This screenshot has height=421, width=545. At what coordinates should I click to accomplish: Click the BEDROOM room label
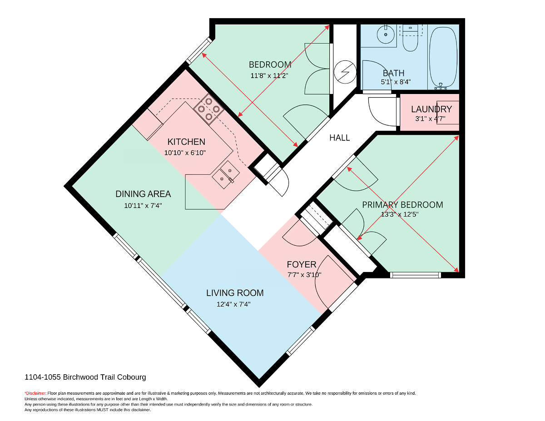[270, 64]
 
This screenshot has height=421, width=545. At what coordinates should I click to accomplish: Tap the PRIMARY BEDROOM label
[402, 205]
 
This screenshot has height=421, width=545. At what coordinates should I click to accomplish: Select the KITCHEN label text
[186, 142]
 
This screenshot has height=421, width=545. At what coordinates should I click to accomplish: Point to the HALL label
[339, 138]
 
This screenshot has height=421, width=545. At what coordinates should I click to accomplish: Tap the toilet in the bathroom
[410, 38]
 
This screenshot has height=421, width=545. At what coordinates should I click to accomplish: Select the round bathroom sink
[386, 35]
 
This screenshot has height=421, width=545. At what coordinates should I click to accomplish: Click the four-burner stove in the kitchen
[208, 109]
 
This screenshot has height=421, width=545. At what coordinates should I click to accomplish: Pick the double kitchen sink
[225, 175]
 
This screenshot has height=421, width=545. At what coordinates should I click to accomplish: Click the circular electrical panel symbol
[345, 72]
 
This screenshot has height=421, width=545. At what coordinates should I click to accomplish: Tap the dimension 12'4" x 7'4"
[233, 304]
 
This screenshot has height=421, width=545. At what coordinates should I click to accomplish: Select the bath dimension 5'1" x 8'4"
[396, 82]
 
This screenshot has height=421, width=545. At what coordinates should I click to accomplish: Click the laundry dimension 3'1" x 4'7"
[430, 119]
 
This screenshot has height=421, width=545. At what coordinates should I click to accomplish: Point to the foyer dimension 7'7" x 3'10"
[304, 275]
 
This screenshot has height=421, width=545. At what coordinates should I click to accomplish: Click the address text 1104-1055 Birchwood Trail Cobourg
[85, 377]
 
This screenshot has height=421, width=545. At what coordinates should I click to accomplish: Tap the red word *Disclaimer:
[35, 393]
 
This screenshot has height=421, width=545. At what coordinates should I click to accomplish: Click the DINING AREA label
[143, 194]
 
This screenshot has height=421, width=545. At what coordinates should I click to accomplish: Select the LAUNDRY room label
[431, 109]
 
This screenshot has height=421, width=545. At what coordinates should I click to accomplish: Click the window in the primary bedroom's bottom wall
[415, 275]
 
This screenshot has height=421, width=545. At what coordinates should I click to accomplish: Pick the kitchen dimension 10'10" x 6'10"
[185, 153]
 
